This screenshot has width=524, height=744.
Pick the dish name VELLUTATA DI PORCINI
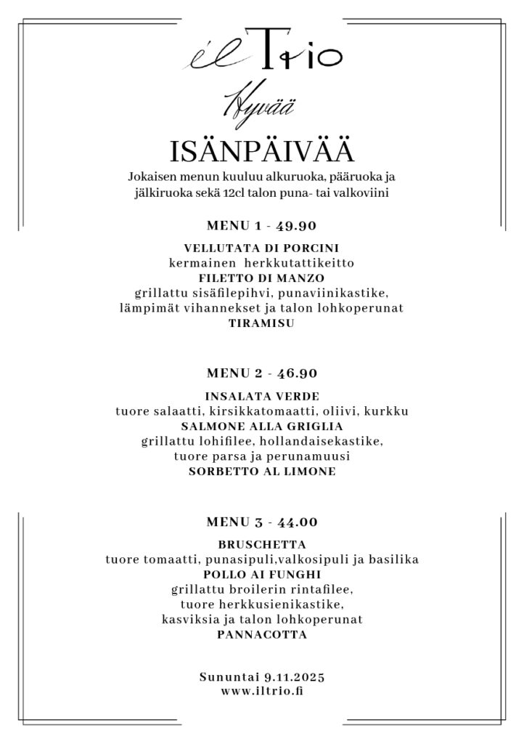point(261,248)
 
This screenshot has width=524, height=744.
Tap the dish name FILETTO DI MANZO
point(261,278)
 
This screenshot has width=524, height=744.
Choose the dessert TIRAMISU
point(261,324)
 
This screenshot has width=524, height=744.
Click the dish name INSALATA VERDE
point(261,396)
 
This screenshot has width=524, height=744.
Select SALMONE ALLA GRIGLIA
point(261,426)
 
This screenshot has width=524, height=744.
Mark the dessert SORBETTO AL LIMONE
point(261,472)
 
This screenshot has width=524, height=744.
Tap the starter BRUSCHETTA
point(261,544)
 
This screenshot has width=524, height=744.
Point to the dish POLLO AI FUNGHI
point(261,575)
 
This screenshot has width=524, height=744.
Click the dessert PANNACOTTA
point(261,635)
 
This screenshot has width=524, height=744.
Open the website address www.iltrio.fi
point(261,692)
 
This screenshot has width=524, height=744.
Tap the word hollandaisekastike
point(320,441)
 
